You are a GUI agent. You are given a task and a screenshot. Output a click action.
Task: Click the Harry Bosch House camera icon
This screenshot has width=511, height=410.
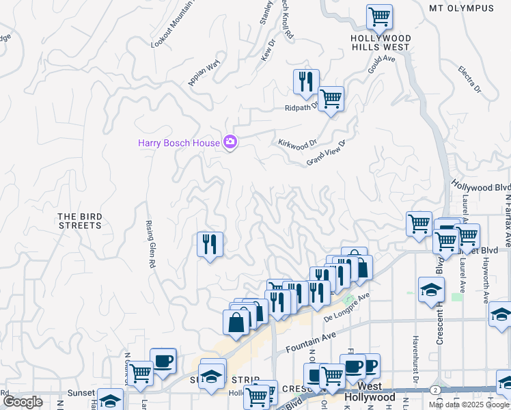point(230,143)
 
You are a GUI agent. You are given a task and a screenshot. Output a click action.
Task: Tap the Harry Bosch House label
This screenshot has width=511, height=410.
point(179,143)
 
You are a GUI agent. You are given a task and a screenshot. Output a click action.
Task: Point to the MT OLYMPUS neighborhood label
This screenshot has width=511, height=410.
point(461,8)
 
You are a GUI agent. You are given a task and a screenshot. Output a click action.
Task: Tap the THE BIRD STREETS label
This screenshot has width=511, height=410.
point(80,221)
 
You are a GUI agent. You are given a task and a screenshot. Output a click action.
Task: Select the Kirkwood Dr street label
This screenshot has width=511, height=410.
point(299,143)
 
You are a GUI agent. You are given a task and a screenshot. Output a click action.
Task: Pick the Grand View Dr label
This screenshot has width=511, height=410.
point(327,152)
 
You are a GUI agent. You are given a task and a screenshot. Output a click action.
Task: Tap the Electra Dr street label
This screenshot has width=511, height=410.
point(470,80)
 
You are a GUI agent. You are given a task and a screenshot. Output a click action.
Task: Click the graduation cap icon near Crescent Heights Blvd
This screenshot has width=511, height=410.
point(431,290)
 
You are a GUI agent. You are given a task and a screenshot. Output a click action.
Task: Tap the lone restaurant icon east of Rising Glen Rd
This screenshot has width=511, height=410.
point(210,244)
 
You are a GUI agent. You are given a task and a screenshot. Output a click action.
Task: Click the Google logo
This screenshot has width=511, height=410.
point(23,402)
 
